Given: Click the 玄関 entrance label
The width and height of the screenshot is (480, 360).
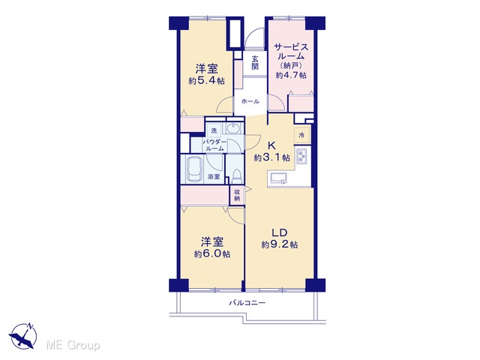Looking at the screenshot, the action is point(255,62).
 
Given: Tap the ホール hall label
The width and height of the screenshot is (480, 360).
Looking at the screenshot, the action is point(250,101).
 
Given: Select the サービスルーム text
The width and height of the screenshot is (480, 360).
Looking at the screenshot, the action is point(291,52).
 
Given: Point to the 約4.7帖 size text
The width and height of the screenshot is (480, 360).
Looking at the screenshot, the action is point(291,75).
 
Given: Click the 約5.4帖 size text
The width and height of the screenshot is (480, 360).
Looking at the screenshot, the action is point(207,81).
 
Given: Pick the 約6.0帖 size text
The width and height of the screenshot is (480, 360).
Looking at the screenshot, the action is point(212,254).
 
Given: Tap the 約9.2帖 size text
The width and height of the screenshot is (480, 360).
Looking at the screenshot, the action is point(280,244).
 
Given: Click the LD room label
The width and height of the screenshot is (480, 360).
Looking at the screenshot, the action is point(280,232).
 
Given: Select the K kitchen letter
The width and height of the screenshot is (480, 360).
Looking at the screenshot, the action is point(271,145).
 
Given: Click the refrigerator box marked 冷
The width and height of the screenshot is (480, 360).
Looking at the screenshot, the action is point(301,135).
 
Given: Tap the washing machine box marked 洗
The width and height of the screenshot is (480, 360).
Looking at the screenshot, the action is point(214,130).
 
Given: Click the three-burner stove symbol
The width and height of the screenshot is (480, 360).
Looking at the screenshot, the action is point(301,156).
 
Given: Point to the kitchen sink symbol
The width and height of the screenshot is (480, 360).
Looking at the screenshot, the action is point(278,178).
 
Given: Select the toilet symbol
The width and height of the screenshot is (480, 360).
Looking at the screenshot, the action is point(237,177).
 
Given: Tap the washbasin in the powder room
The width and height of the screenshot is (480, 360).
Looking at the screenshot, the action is point(234,128).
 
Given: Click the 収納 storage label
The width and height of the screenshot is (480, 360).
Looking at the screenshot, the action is point(237,195).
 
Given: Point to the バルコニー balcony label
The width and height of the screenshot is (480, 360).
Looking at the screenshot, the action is point(247,303).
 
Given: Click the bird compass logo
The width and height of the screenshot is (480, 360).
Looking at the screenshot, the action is point(23,336).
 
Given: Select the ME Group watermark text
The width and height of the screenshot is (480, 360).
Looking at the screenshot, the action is point(73,345).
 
